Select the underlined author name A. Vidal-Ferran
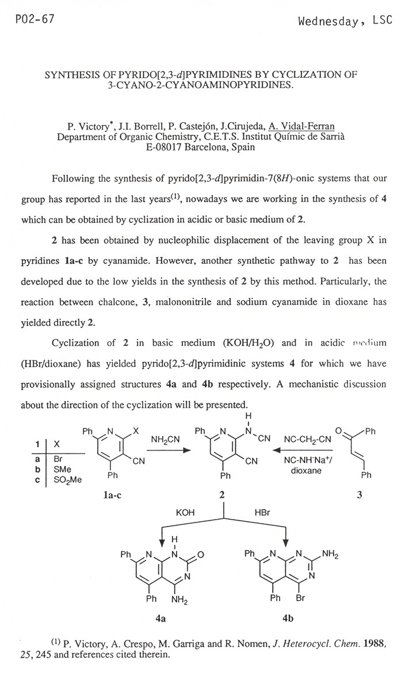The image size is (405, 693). (x=301, y=127)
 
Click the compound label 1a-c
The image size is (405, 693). (x=113, y=494)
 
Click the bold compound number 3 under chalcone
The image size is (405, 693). (x=359, y=494)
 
